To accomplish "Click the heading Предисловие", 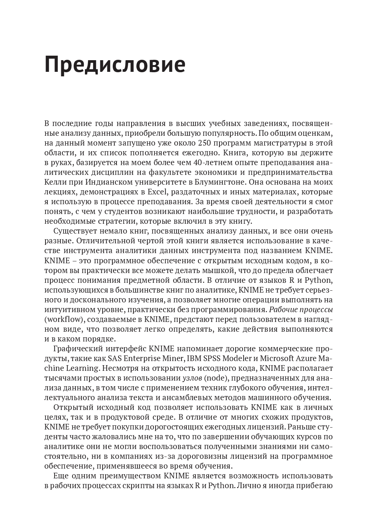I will [115, 65].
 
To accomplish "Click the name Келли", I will [54, 182].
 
